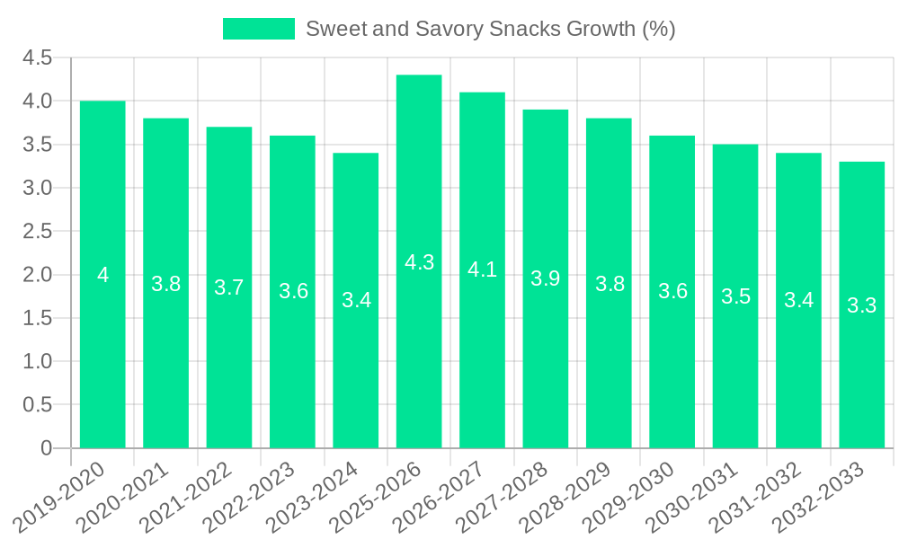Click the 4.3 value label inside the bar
click(419, 262)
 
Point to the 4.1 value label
click(483, 269)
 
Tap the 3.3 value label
click(861, 305)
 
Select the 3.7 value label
click(229, 287)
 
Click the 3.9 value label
click(546, 278)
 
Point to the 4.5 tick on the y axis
click(37, 58)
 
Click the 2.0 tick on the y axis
click(37, 275)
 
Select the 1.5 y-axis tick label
click(37, 318)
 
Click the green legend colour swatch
click(259, 29)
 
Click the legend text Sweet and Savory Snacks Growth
click(490, 29)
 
